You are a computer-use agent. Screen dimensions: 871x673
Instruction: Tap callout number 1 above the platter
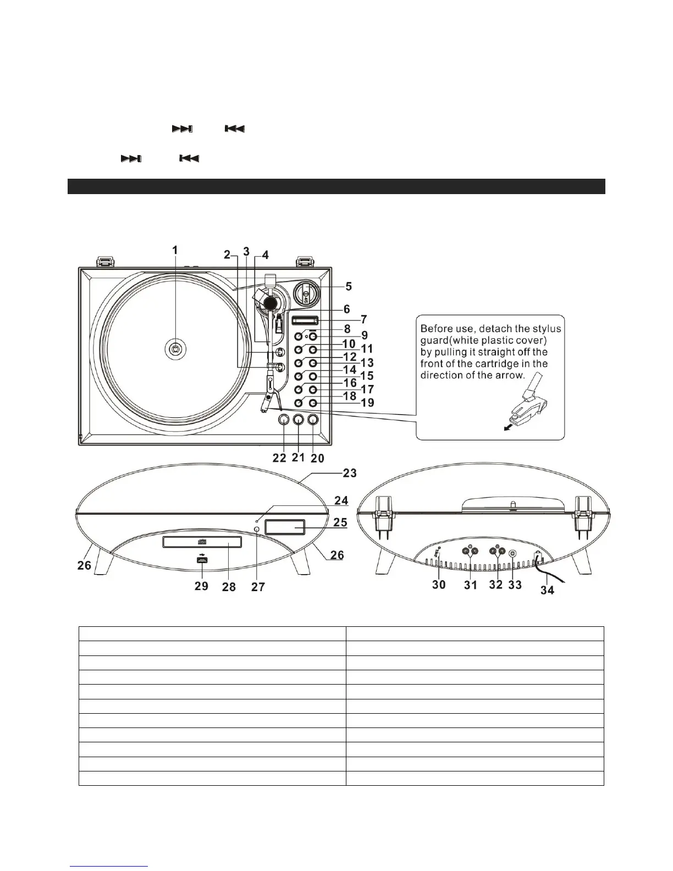click(x=175, y=251)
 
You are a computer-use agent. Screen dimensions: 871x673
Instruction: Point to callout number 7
click(x=363, y=319)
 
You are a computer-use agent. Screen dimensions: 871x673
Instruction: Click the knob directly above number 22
click(x=283, y=420)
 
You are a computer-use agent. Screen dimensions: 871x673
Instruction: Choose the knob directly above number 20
click(x=313, y=420)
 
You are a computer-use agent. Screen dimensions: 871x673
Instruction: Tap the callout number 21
click(x=298, y=457)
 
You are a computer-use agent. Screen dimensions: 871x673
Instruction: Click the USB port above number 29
click(x=201, y=560)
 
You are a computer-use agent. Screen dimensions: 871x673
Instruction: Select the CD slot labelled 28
click(x=201, y=543)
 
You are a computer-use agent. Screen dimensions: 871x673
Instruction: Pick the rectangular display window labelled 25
click(x=284, y=527)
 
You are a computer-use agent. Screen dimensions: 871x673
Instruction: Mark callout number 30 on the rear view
click(x=439, y=585)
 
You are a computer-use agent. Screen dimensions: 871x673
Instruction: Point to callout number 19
click(x=367, y=403)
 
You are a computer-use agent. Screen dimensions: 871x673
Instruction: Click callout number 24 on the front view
click(x=341, y=501)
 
